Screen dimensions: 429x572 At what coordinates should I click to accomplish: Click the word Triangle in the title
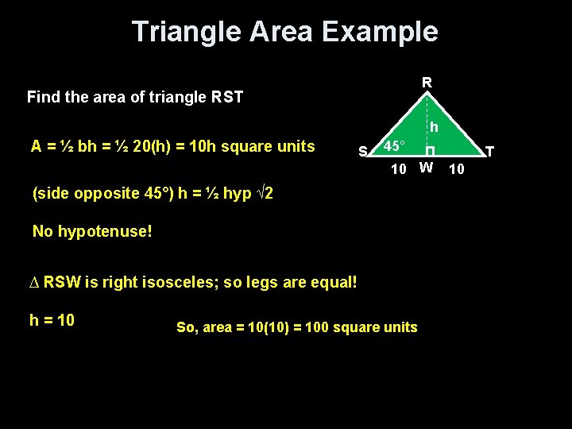pos(186,32)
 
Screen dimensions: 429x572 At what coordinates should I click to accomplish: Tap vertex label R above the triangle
pos(427,82)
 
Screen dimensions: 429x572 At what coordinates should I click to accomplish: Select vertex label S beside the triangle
pos(362,151)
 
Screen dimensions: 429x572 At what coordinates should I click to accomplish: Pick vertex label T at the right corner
pos(489,151)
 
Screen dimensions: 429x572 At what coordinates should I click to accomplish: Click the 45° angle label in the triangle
pos(394,147)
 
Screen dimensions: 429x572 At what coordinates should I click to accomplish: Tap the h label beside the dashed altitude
pos(434,127)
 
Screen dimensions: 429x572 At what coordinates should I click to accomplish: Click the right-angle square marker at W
pos(429,152)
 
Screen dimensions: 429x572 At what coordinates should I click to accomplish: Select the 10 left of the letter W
pos(399,168)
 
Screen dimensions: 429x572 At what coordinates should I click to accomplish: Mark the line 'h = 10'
pos(52,320)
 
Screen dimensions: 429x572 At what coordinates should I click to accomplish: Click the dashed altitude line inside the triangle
pos(427,119)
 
